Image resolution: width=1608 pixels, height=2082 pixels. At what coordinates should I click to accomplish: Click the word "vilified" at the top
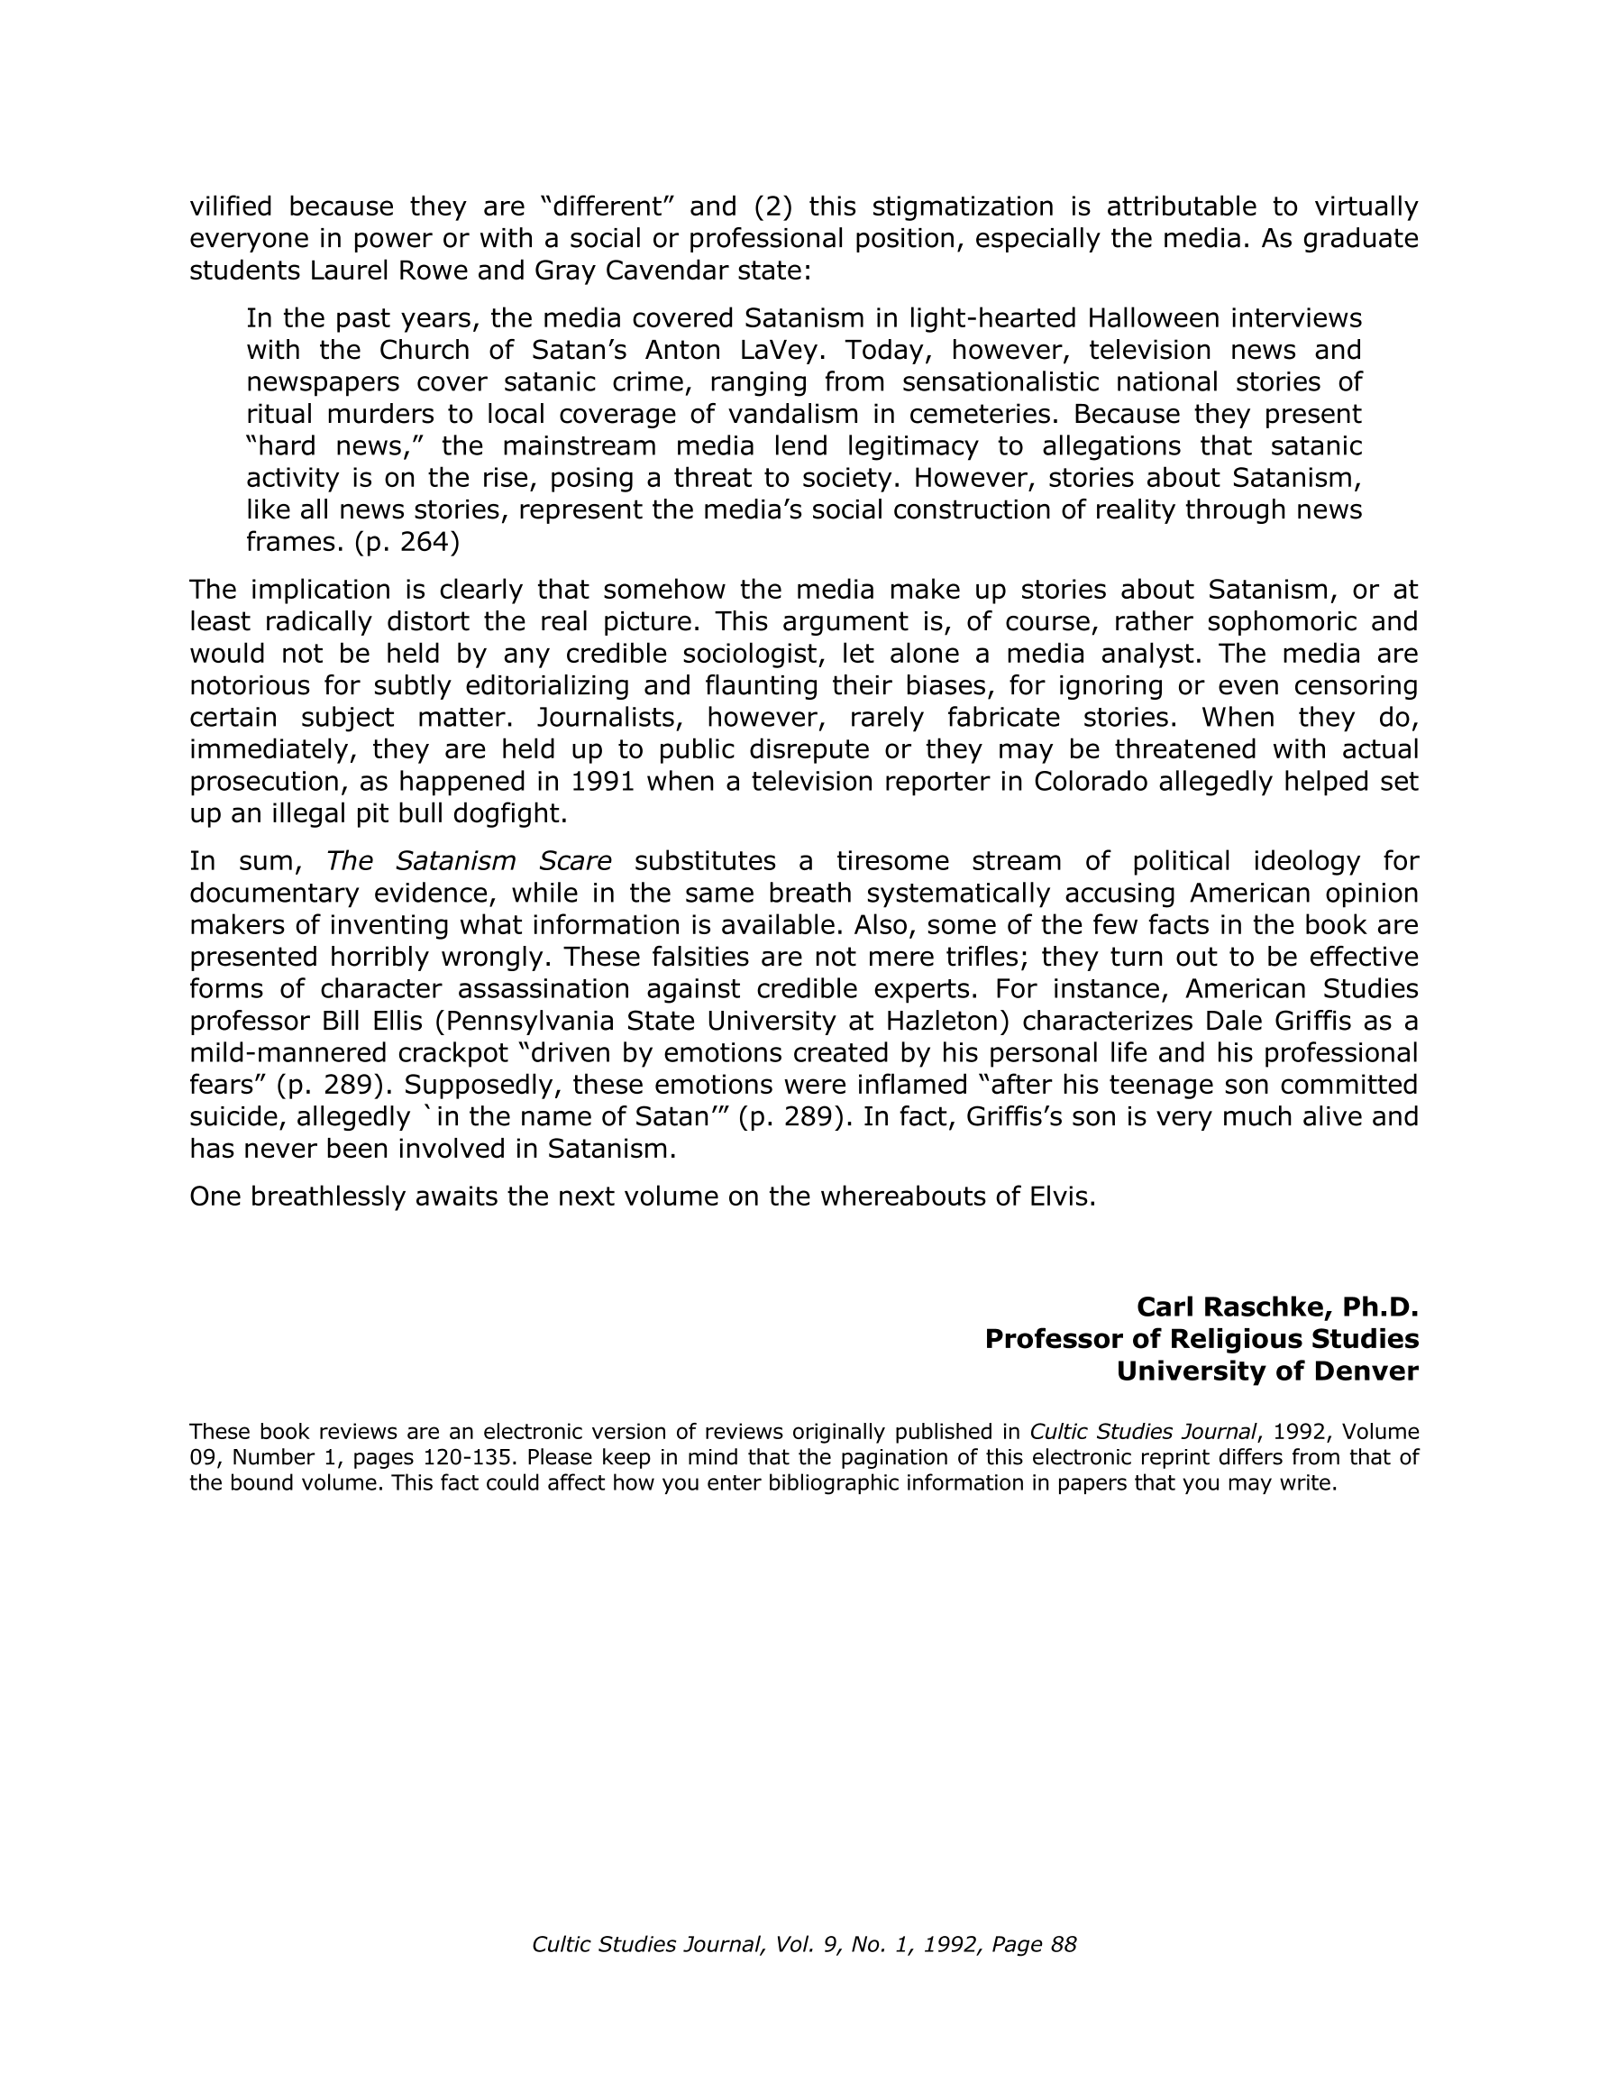click(231, 206)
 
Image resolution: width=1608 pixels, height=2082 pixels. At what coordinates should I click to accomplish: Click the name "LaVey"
click(780, 351)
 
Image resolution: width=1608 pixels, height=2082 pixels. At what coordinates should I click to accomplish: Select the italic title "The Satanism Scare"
click(468, 862)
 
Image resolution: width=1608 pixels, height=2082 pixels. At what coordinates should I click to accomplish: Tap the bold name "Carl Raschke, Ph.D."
click(1277, 1307)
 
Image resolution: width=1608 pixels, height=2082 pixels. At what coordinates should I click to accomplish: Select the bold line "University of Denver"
click(1266, 1371)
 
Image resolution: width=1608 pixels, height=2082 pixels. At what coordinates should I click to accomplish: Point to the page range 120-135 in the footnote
click(474, 1458)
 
